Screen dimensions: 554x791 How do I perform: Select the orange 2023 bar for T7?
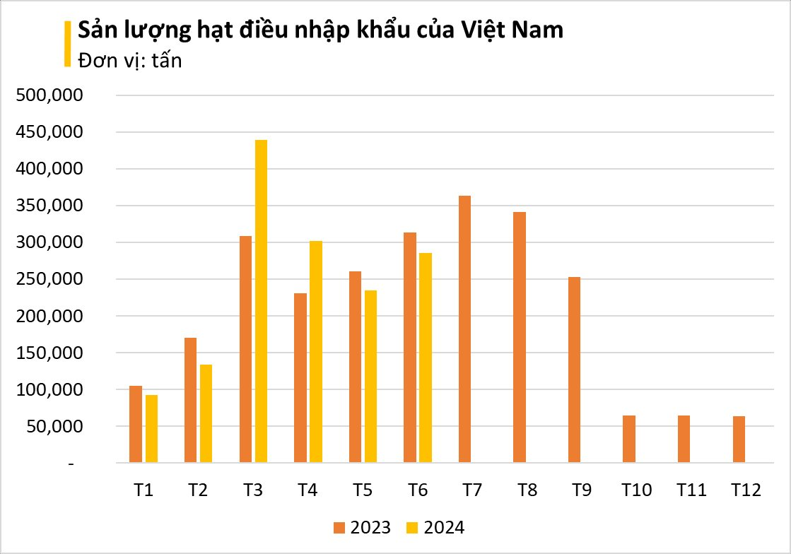464,329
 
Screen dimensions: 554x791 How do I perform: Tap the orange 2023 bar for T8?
520,338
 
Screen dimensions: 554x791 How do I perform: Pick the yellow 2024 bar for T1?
151,429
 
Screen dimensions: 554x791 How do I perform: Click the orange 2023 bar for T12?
739,440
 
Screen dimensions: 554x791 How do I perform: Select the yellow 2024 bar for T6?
426,358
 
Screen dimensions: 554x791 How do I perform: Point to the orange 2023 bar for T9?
574,370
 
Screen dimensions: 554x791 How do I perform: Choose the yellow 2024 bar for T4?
316,352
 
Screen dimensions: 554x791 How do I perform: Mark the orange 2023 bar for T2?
190,400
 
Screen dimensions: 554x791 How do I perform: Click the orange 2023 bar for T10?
629,439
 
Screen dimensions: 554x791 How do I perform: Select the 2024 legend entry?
436,527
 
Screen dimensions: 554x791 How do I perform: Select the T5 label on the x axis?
363,490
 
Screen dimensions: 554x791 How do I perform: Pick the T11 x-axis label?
691,490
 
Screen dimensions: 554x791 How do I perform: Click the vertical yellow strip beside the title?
68,44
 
